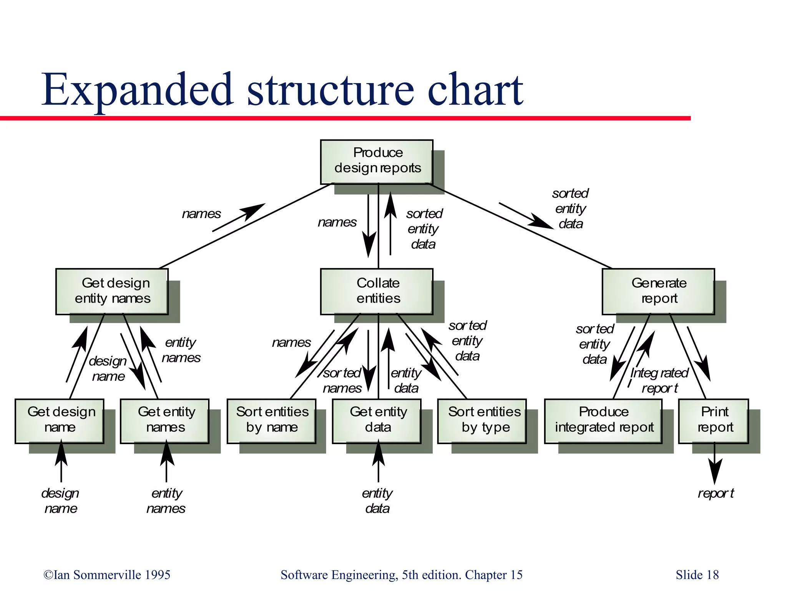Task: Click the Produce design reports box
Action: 377,161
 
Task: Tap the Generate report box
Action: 658,291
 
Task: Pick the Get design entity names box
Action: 112,291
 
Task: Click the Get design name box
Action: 60,421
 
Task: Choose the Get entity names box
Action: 164,421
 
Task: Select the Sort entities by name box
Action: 271,421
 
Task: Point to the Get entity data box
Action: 377,421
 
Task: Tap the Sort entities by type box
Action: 482,421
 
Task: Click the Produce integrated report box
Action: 603,421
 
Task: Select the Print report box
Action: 714,421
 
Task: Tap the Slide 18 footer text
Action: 697,575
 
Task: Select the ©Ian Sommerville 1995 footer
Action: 107,575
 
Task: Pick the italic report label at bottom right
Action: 716,493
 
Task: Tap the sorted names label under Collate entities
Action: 342,381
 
